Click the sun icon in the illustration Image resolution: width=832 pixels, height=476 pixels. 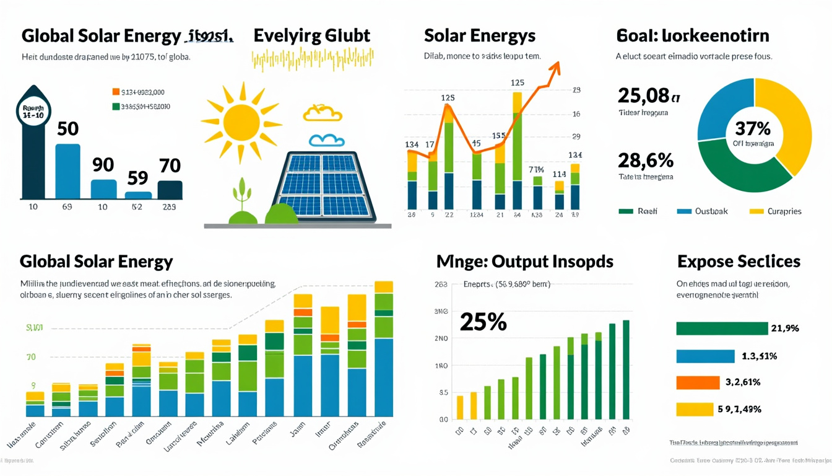(241, 121)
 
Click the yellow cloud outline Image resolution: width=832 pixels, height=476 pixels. (323, 113)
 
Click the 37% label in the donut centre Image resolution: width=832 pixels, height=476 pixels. (753, 129)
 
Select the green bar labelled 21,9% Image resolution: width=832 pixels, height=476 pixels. (722, 328)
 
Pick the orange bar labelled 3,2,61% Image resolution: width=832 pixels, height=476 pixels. (698, 382)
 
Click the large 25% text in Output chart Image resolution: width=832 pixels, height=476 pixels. (483, 322)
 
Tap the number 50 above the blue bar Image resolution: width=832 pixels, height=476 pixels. (67, 129)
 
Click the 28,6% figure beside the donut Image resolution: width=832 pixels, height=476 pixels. (645, 161)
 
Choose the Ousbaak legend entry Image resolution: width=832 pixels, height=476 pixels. (702, 211)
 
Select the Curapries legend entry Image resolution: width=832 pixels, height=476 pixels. (775, 211)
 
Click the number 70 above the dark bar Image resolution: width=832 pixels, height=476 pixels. (169, 165)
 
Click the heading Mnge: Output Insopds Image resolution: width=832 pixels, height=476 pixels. (525, 262)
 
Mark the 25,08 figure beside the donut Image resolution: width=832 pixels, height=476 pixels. (644, 95)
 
